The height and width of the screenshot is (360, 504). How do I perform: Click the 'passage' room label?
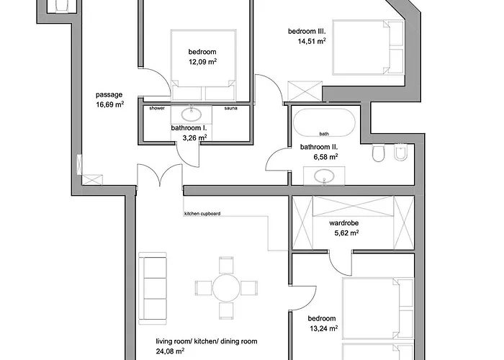109,95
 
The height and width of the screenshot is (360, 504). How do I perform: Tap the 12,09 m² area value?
202,61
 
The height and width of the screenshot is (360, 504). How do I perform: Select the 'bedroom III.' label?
307,32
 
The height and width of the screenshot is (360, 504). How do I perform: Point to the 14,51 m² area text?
312,41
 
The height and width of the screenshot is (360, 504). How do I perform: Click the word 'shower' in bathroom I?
157,108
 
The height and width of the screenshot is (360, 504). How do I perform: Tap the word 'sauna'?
231,108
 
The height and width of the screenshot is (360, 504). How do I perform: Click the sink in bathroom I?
192,114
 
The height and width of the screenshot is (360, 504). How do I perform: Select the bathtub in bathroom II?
324,123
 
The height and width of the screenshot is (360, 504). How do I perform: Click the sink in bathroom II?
324,176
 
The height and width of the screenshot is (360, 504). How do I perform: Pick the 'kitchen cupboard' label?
202,214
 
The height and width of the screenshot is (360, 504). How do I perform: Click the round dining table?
226,288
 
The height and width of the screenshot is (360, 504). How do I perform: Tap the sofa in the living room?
153,288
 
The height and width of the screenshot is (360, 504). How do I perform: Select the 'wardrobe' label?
344,223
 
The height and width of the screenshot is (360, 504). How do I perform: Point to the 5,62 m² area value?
346,233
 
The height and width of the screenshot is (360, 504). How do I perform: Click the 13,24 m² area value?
324,328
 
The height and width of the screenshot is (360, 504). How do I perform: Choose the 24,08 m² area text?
170,351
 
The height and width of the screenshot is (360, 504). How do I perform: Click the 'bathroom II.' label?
319,147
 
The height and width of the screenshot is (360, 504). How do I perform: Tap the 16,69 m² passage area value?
110,104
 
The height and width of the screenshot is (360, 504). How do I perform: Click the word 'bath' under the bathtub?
324,134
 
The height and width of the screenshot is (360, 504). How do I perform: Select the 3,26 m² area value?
194,138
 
